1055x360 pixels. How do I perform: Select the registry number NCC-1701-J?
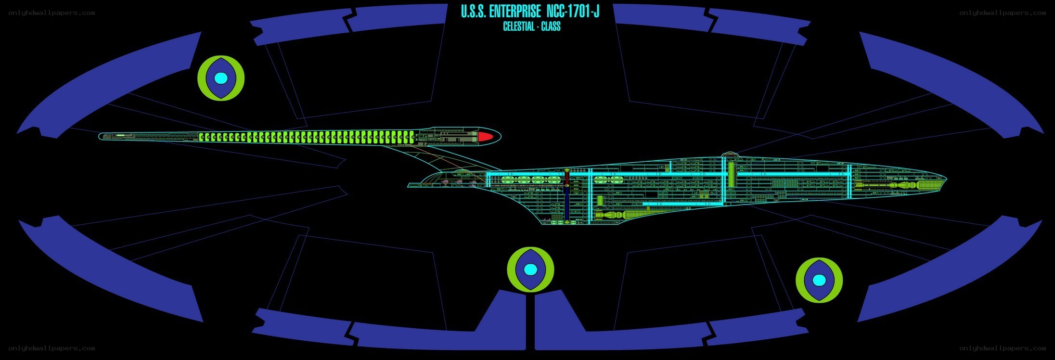tap(573, 12)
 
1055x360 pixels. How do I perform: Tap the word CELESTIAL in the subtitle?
tap(518, 26)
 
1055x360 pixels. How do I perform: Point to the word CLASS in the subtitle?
tap(551, 26)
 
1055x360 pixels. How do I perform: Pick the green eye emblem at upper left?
tap(221, 78)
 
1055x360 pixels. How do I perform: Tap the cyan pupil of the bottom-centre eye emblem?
tap(530, 269)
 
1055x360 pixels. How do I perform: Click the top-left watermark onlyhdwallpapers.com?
tap(51, 13)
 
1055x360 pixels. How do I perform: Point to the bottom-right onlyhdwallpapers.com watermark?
tap(1003, 348)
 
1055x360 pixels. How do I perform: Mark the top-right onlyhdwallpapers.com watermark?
tap(1003, 13)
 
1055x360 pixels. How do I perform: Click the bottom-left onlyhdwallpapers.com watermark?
tap(51, 348)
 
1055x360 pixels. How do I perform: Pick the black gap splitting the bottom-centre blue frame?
tap(530, 320)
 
